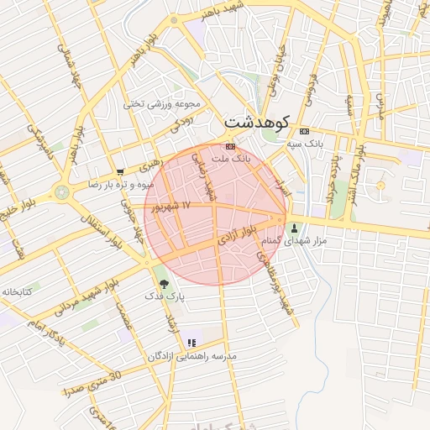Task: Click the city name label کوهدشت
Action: (256, 123)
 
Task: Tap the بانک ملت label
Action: (231, 158)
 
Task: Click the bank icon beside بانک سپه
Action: (304, 131)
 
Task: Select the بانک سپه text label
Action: (305, 144)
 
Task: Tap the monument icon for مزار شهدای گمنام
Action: (294, 228)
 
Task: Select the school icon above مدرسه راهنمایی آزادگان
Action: (192, 343)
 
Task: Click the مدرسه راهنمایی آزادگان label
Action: (192, 356)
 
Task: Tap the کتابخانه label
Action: (16, 291)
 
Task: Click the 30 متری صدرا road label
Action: (93, 383)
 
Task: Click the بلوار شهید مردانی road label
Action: (87, 296)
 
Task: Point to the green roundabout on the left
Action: (61, 191)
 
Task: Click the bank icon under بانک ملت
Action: (231, 146)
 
